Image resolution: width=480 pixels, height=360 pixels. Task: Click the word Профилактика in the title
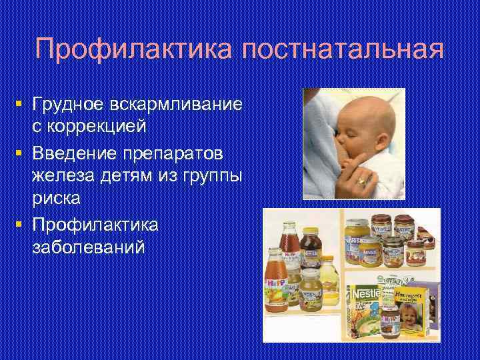coord(137,49)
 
